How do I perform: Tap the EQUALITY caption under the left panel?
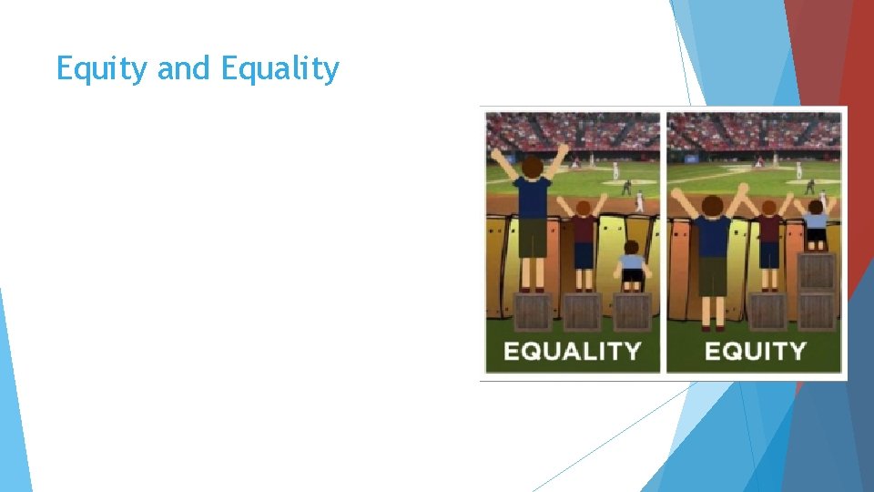(572, 351)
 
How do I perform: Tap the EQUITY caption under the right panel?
(755, 351)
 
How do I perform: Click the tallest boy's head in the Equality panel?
(531, 167)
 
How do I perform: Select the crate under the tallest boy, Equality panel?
(533, 312)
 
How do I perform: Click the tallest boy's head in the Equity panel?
(713, 206)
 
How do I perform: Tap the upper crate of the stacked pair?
(816, 271)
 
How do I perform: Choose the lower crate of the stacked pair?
(816, 312)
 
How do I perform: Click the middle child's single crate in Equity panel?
(767, 312)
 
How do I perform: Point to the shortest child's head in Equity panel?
(817, 207)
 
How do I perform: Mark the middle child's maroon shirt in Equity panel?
(769, 229)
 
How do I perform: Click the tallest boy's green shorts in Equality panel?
(532, 238)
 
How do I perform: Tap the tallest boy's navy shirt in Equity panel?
(713, 235)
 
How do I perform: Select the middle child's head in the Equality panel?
(583, 209)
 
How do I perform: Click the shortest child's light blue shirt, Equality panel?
(632, 263)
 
